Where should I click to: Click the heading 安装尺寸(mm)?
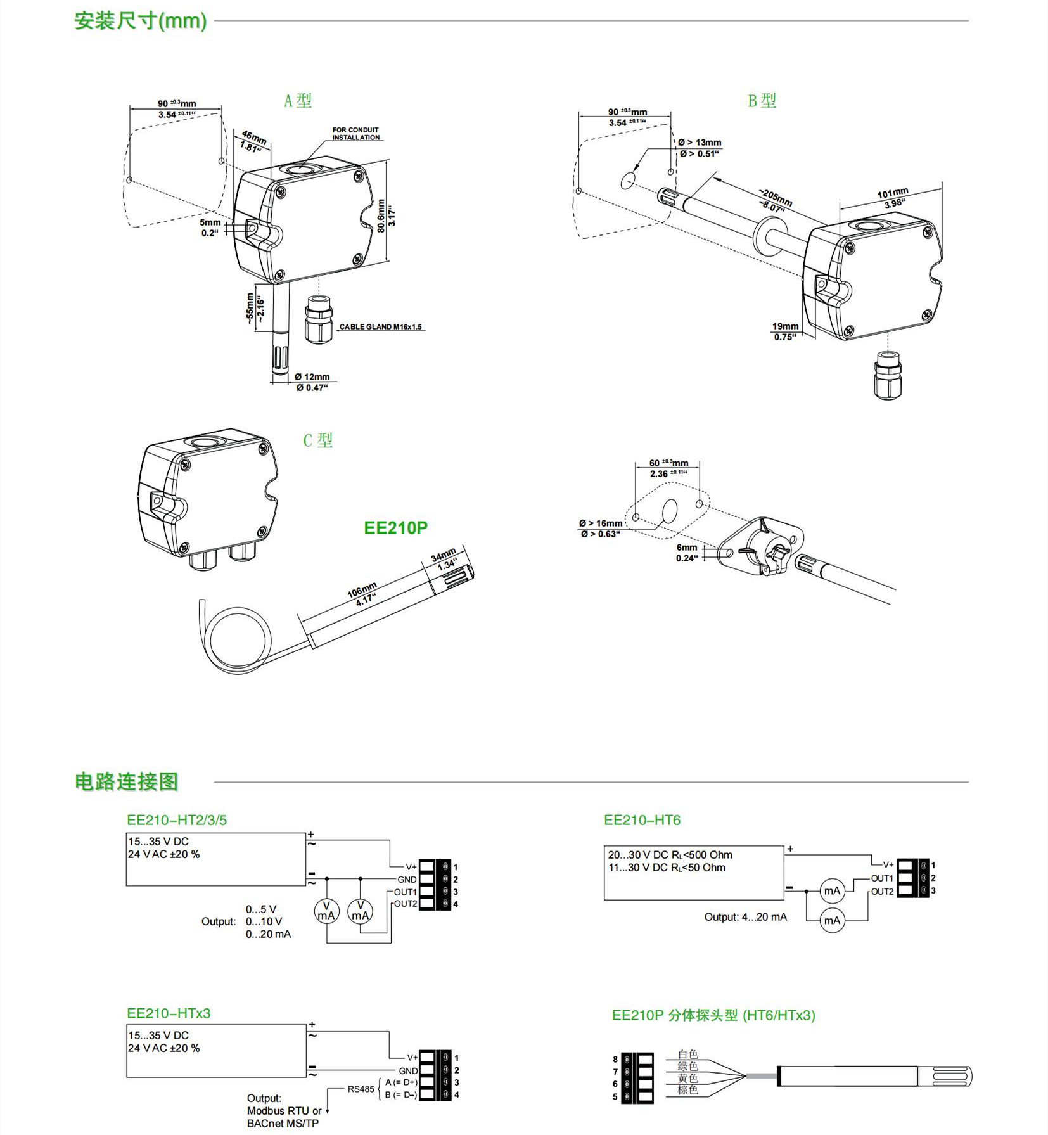(x=141, y=21)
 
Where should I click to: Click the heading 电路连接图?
(x=126, y=781)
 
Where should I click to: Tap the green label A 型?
(x=297, y=101)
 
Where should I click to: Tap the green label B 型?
(x=762, y=101)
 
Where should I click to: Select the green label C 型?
(x=317, y=440)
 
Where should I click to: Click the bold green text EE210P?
(x=395, y=527)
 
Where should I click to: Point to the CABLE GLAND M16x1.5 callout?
(x=380, y=327)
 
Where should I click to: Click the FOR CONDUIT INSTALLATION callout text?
(x=355, y=134)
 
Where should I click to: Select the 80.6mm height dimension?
(x=381, y=216)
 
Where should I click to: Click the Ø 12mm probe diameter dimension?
(x=312, y=377)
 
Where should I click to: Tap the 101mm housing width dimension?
(x=892, y=193)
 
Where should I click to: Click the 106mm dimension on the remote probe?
(x=362, y=590)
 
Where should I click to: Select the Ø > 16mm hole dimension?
(x=600, y=523)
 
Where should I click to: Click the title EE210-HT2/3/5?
(x=177, y=820)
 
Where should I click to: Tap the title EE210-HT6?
(x=642, y=820)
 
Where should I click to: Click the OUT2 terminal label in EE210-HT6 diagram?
(x=882, y=891)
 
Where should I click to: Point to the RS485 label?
(x=361, y=1089)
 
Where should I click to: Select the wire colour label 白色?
(x=687, y=1055)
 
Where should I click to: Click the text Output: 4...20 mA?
(x=745, y=917)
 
